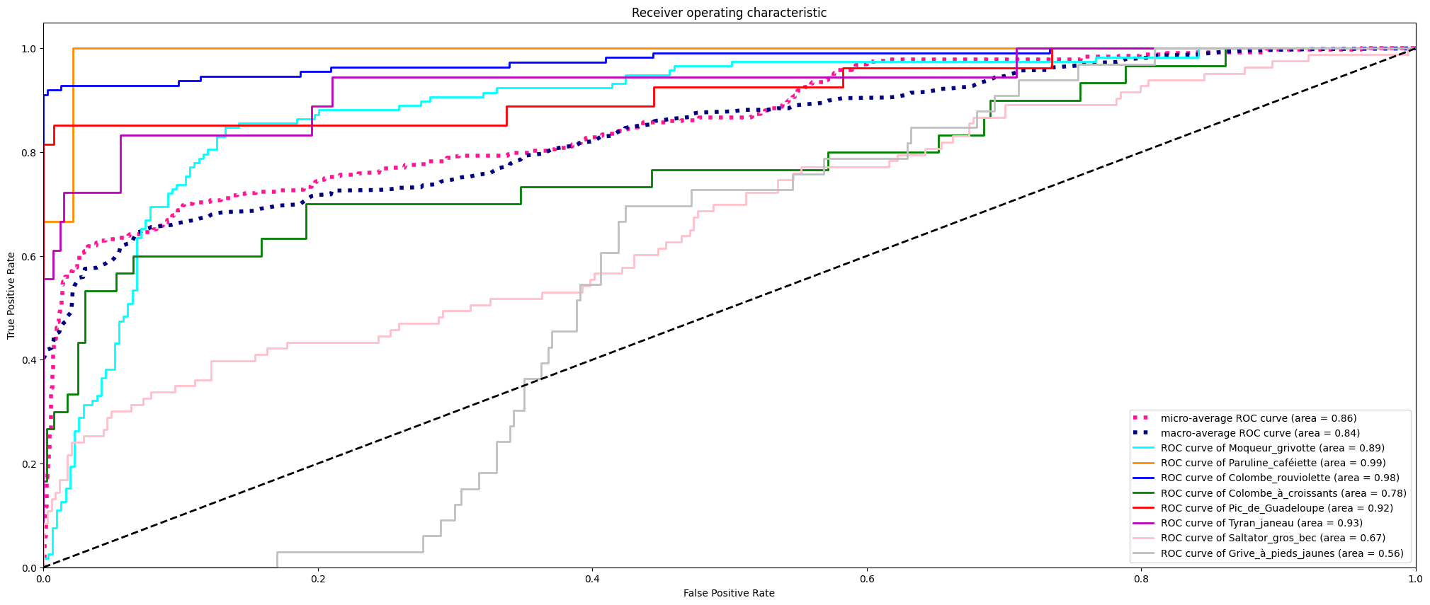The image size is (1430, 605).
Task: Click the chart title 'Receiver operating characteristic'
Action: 729,13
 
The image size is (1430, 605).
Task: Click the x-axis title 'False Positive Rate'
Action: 729,593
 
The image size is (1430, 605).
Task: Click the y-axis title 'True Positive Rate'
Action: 11,295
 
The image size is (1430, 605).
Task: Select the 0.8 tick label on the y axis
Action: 29,153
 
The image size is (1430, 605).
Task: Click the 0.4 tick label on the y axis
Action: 29,360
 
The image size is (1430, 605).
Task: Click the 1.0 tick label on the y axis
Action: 29,49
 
